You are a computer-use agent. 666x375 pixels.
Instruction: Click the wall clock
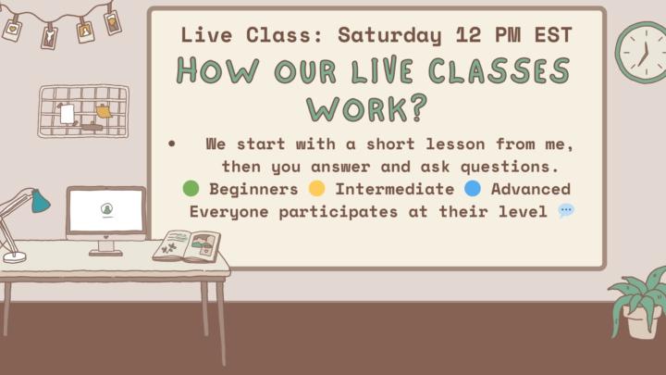(x=640, y=52)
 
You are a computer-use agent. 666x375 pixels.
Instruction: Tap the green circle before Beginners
(x=191, y=189)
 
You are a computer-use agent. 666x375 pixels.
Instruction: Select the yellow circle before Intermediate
(x=316, y=189)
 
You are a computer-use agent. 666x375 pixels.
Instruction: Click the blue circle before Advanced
(x=473, y=189)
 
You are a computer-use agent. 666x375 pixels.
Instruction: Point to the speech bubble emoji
(x=566, y=211)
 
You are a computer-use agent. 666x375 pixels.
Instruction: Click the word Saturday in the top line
(x=388, y=35)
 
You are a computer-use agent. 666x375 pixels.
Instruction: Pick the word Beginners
(x=253, y=189)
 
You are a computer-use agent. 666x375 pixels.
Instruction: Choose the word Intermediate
(x=394, y=189)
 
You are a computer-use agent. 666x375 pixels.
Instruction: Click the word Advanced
(x=530, y=189)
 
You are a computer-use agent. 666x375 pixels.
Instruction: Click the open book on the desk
(x=187, y=246)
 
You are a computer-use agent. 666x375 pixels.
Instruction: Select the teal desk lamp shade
(x=40, y=201)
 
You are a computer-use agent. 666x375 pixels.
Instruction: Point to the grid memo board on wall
(x=83, y=110)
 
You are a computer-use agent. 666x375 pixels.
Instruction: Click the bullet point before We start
(x=172, y=145)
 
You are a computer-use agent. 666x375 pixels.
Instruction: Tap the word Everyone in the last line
(x=225, y=211)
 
